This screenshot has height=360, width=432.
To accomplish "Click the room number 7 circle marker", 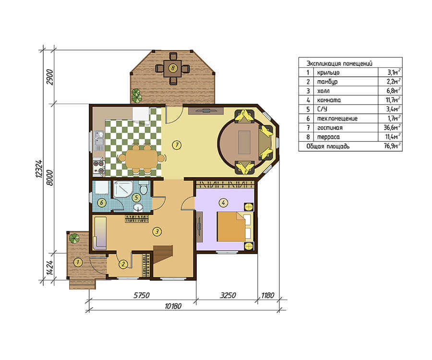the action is coord(177,144).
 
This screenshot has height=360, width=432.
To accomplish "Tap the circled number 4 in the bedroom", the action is coord(223,203).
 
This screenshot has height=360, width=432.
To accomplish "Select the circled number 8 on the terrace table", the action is coord(173,68).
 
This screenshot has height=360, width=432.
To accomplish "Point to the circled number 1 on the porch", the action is coord(78,262).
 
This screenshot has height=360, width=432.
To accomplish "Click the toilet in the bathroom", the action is coord(143,189).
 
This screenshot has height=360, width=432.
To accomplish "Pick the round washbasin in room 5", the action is coord(138,207).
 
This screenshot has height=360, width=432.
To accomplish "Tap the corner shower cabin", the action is coord(123,189).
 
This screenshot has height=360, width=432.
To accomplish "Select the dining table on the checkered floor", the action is coord(141,159).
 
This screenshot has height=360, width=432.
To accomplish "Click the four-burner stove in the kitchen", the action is coord(98,167).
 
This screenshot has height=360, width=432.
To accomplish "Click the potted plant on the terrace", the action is coord(136,96).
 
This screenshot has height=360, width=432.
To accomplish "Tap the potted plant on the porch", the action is coord(74,238).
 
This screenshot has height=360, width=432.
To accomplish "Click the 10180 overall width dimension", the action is coord(173,306).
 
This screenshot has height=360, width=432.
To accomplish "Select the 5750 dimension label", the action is coord(141,295).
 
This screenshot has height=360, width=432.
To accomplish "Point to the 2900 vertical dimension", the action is coord(49,77).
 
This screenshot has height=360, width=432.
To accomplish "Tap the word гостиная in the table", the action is coord(330,128).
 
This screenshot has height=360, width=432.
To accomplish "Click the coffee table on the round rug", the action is coord(244,143).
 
